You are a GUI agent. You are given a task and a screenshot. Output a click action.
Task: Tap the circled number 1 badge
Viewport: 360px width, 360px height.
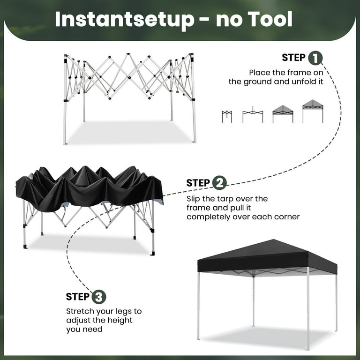point(315,58)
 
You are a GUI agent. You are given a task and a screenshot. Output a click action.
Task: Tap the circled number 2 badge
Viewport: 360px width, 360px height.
point(219,183)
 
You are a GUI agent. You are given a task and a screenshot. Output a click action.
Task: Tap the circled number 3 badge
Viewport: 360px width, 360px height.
point(99,297)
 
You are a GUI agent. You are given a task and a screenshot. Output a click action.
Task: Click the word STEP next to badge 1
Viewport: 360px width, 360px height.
point(294,58)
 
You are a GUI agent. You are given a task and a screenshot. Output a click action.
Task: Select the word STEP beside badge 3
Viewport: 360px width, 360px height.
point(78,297)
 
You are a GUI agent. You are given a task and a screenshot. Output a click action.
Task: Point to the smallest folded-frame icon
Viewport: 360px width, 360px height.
point(227,116)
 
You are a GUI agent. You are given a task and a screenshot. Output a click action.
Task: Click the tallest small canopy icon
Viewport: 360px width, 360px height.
point(313,111)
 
